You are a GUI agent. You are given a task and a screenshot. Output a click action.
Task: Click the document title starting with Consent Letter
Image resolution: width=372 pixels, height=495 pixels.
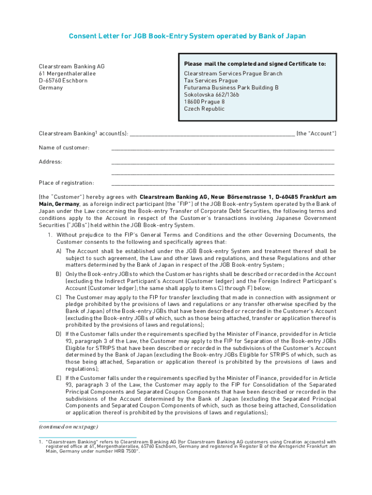click(x=187, y=36)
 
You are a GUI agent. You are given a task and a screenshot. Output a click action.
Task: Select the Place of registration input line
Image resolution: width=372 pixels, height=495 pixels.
click(x=222, y=184)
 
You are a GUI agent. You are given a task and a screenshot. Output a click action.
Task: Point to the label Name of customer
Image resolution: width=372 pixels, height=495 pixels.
click(x=64, y=147)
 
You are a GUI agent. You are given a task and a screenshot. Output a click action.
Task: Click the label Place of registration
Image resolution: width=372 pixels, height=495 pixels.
click(x=66, y=183)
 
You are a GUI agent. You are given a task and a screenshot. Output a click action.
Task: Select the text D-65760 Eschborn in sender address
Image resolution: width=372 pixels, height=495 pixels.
click(x=63, y=80)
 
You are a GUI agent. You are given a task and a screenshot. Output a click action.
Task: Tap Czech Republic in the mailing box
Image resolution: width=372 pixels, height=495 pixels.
click(x=204, y=109)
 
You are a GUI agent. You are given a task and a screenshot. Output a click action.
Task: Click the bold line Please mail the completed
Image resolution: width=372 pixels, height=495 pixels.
click(x=255, y=64)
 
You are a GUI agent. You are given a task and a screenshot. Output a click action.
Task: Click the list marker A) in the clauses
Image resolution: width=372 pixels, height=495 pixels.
click(x=58, y=251)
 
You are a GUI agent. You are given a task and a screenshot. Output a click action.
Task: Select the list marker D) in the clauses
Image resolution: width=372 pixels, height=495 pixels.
click(x=58, y=335)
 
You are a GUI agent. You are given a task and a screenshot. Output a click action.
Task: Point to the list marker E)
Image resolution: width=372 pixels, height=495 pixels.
click(x=58, y=378)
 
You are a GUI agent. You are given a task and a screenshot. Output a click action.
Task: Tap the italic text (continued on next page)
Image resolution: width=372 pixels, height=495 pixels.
click(x=68, y=427)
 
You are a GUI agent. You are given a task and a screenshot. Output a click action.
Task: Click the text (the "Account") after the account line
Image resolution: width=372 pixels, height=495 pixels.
click(x=316, y=133)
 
